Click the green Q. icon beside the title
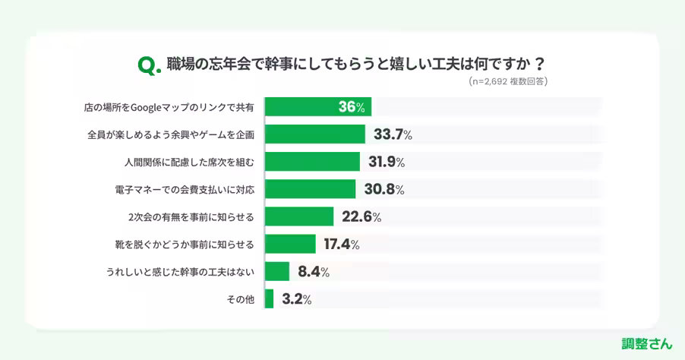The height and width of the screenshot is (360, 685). (x=149, y=65)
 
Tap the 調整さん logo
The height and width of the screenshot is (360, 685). (x=646, y=343)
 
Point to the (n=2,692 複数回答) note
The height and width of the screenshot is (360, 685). (x=508, y=81)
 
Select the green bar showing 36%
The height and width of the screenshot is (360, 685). (x=318, y=107)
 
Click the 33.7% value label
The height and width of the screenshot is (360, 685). (x=393, y=134)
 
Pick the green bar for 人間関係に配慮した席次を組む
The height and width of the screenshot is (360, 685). (x=312, y=162)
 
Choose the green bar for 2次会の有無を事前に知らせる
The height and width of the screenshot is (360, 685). (x=299, y=216)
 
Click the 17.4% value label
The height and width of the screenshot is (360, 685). (x=341, y=244)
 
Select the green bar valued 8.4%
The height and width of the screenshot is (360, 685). (x=277, y=271)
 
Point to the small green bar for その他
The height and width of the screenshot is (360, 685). (x=269, y=298)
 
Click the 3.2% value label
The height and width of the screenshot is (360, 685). (x=296, y=298)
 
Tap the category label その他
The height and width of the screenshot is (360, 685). (x=240, y=299)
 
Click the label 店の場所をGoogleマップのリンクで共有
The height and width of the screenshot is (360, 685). (x=169, y=108)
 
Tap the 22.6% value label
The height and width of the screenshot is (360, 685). (x=361, y=216)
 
